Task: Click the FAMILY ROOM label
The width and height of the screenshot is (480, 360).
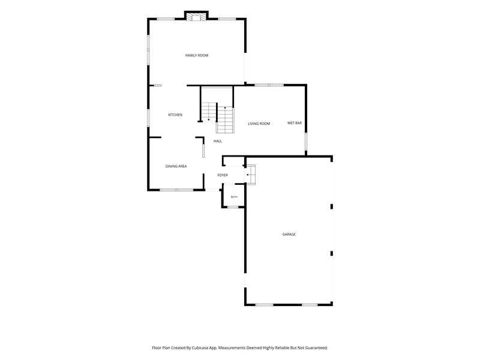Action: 197,55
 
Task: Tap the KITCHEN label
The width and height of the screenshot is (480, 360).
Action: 175,115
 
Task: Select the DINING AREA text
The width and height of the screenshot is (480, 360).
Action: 176,166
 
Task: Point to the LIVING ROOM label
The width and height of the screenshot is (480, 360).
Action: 259,124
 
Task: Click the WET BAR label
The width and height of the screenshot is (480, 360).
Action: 295,123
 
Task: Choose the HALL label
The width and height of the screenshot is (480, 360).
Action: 218,141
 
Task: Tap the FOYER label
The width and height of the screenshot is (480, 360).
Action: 223,175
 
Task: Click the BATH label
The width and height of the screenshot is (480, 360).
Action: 234,197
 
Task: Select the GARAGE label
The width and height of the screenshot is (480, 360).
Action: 289,234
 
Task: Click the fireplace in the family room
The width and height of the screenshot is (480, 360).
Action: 196,17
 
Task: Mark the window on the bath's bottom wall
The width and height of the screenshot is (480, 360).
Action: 233,207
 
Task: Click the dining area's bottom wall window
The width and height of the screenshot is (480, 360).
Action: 176,190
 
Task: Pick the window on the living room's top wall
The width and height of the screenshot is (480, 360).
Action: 269,85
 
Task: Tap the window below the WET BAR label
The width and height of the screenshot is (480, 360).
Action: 305,142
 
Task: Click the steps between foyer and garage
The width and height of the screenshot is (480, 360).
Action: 251,175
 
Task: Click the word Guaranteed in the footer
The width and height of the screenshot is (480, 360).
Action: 317,348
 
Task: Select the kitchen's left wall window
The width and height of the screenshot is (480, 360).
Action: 148,118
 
